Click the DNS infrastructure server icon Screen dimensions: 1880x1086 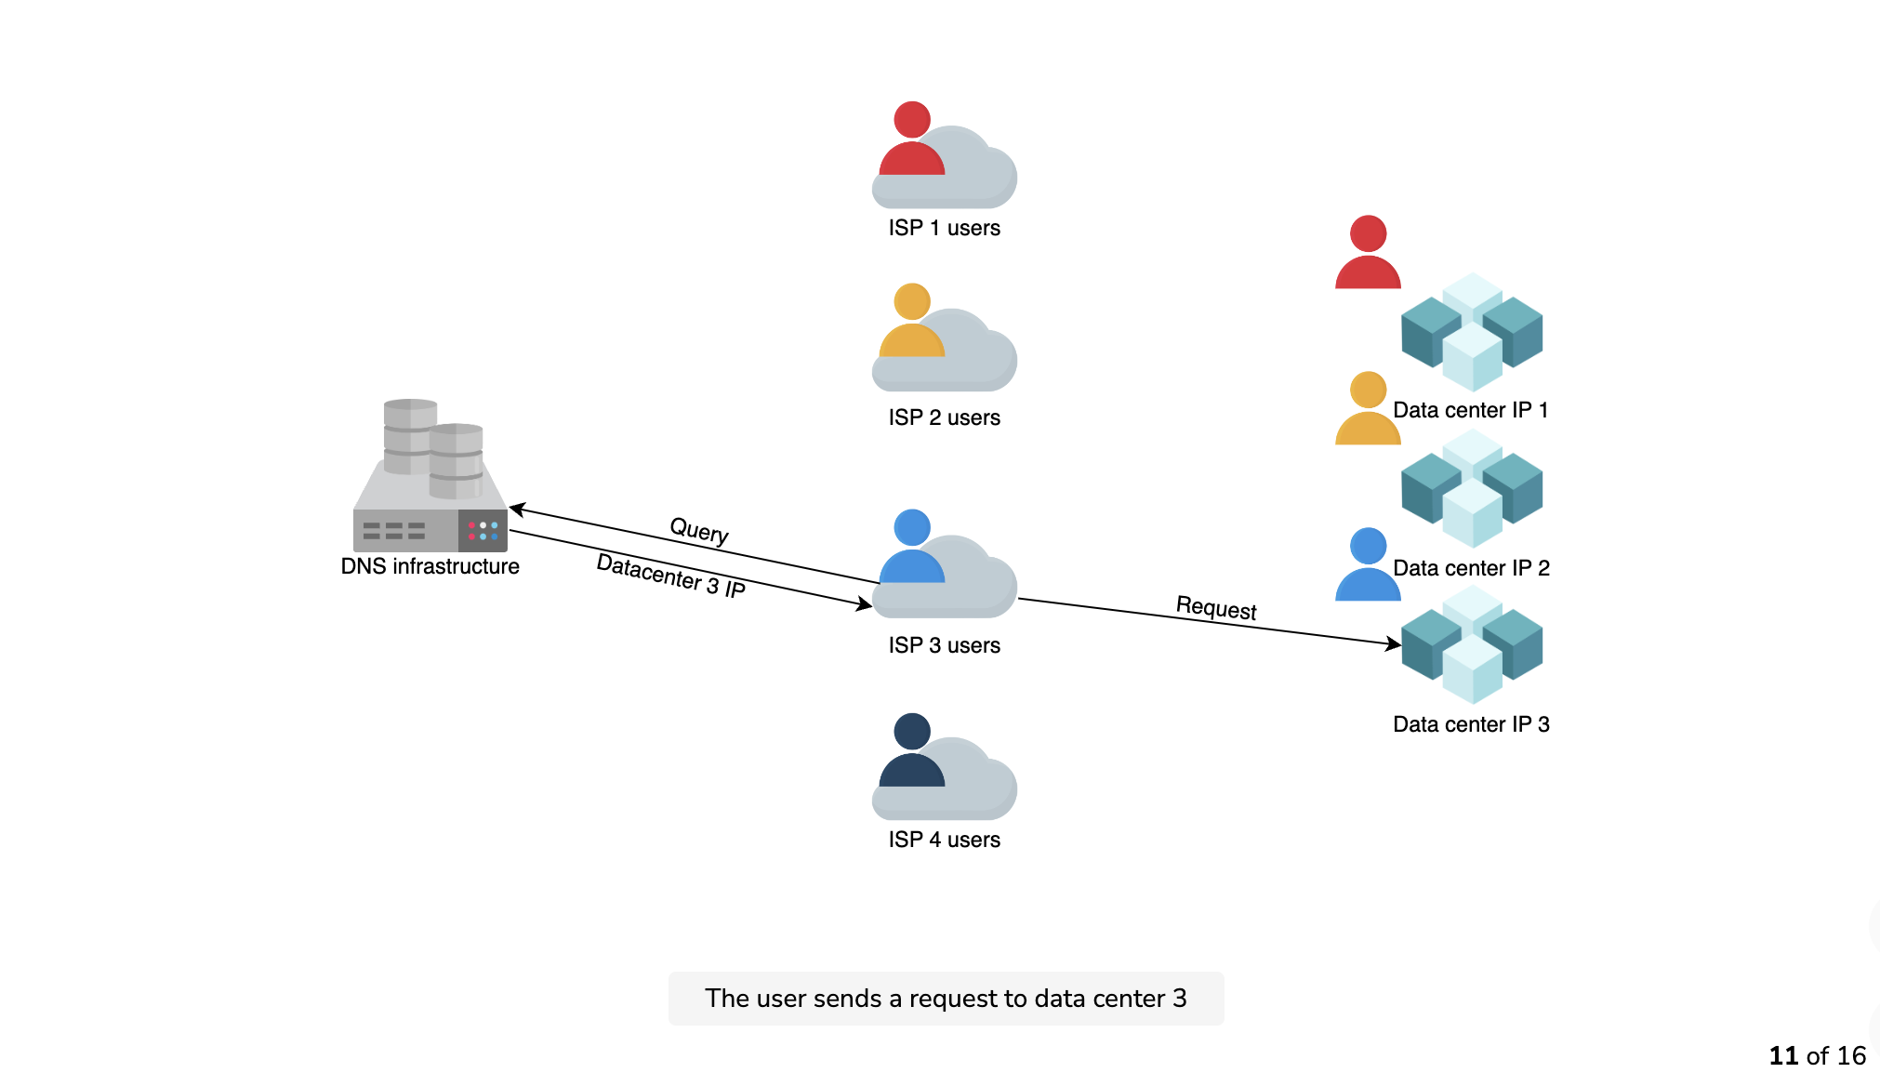(x=430, y=475)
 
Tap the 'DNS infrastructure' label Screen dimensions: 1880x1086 (x=430, y=566)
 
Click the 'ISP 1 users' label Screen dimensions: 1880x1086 (x=944, y=228)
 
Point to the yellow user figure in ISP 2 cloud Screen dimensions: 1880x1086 (x=911, y=320)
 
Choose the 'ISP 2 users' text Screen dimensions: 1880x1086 (x=944, y=417)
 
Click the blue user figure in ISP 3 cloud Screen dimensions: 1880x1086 (x=911, y=546)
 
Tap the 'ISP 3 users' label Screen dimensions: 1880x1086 (x=944, y=645)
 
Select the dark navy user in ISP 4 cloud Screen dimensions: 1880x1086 (x=911, y=749)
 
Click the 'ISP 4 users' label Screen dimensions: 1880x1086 (x=944, y=840)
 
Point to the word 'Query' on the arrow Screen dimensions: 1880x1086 (x=699, y=531)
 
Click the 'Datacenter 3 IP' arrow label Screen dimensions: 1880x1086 (x=670, y=576)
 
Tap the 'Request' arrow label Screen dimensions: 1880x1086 (x=1216, y=608)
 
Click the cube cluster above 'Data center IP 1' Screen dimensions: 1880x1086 (x=1472, y=332)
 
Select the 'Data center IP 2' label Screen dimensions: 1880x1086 (x=1471, y=568)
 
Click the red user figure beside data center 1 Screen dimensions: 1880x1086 (x=1368, y=252)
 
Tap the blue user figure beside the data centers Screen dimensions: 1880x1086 (x=1368, y=564)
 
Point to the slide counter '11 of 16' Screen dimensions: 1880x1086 (x=1817, y=1056)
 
